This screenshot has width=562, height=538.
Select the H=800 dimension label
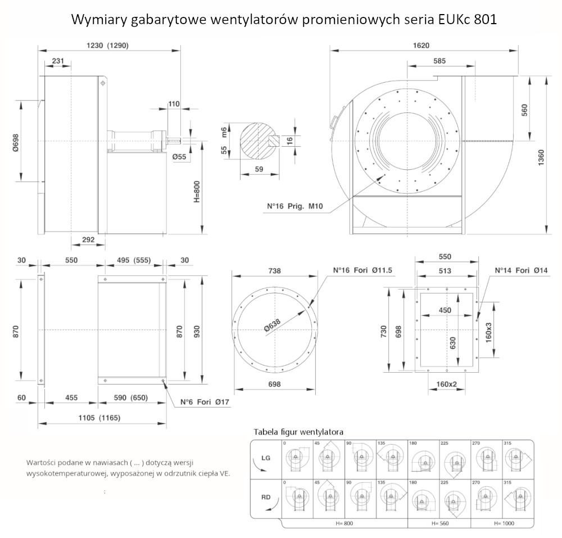(197, 191)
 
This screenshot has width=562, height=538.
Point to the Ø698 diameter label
(15, 142)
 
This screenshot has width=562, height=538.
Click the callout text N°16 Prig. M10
(294, 206)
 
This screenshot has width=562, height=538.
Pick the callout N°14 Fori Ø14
(521, 270)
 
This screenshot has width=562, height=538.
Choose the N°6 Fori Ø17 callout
(205, 402)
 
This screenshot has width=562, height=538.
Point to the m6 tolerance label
(224, 133)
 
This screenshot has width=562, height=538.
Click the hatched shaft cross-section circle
(259, 141)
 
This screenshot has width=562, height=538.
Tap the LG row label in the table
(266, 458)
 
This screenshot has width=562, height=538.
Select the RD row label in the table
(266, 497)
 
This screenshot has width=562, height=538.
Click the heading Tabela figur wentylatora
(298, 432)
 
